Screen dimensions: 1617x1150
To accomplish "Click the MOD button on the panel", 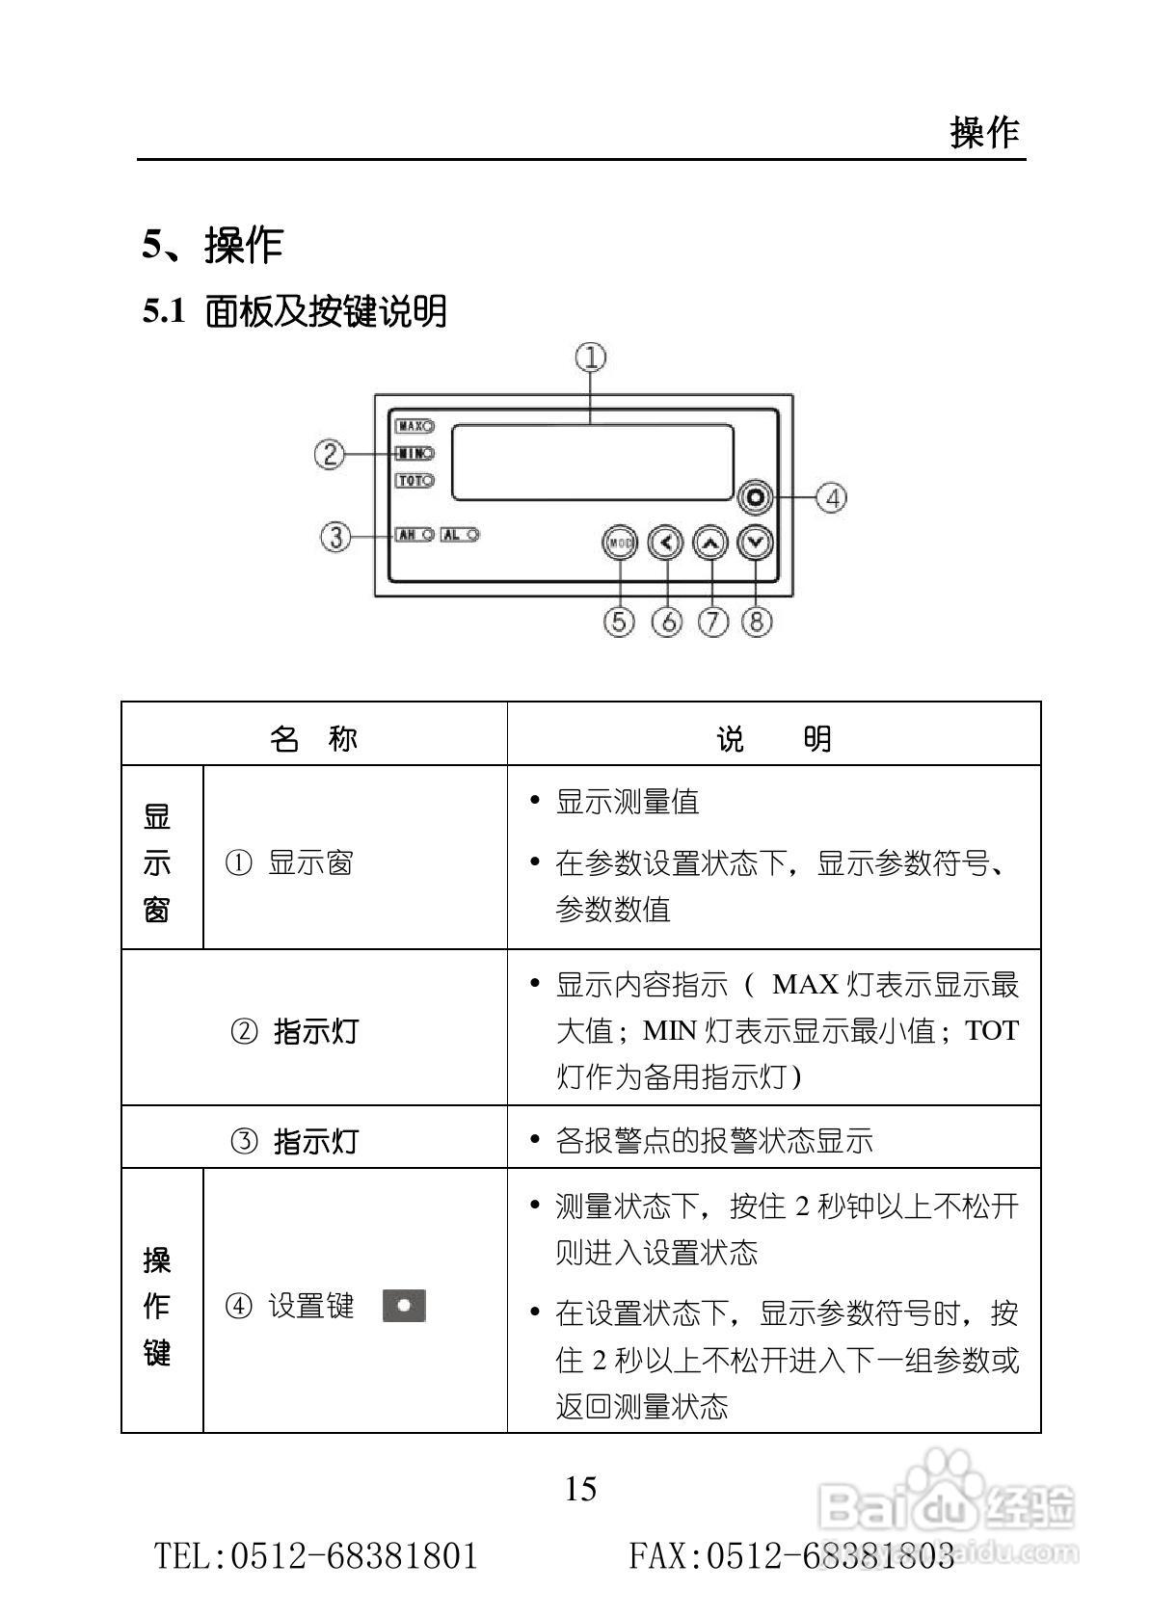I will tap(620, 543).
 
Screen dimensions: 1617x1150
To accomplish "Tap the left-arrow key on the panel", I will tap(665, 543).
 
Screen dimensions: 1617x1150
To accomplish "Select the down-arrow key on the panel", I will tap(756, 543).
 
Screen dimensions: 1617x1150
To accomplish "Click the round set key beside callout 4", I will tap(756, 498).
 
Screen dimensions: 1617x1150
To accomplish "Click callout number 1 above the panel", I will tap(591, 358).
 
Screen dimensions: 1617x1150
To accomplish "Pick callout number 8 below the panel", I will tap(757, 622).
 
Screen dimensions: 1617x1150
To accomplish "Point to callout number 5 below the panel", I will tap(620, 622).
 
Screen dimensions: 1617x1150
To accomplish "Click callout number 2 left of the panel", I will tap(330, 453).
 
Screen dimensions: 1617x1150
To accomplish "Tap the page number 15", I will tap(580, 1489).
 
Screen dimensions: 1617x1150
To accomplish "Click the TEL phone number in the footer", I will tap(317, 1555).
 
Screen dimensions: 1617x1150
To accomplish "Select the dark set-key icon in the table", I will tap(405, 1306).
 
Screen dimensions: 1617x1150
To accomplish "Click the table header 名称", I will tap(313, 739).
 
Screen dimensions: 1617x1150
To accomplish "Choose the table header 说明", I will tap(773, 739).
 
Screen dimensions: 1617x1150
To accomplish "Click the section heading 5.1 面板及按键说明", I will tap(295, 311).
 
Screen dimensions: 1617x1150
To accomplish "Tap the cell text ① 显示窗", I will tap(289, 862).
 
